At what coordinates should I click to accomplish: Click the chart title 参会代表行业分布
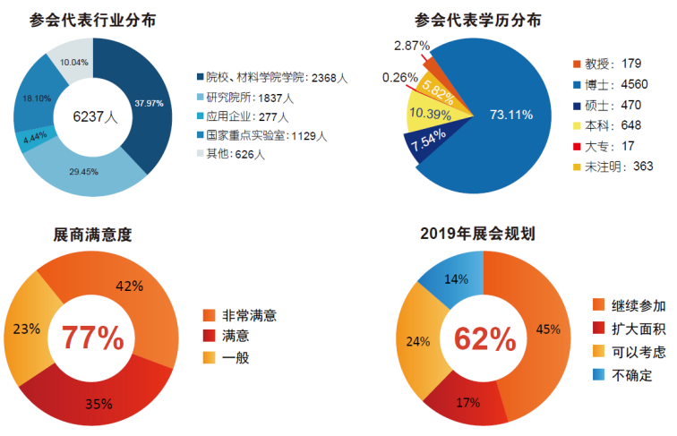tap(85, 18)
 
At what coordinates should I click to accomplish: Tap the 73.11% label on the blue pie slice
tap(511, 114)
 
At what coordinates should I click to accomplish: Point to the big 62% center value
tap(484, 338)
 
